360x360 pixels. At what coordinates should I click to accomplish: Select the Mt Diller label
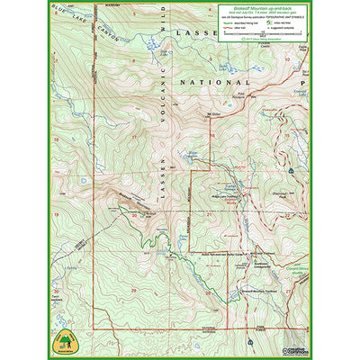click(212, 114)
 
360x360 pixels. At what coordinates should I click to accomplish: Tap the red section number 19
click(56, 216)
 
